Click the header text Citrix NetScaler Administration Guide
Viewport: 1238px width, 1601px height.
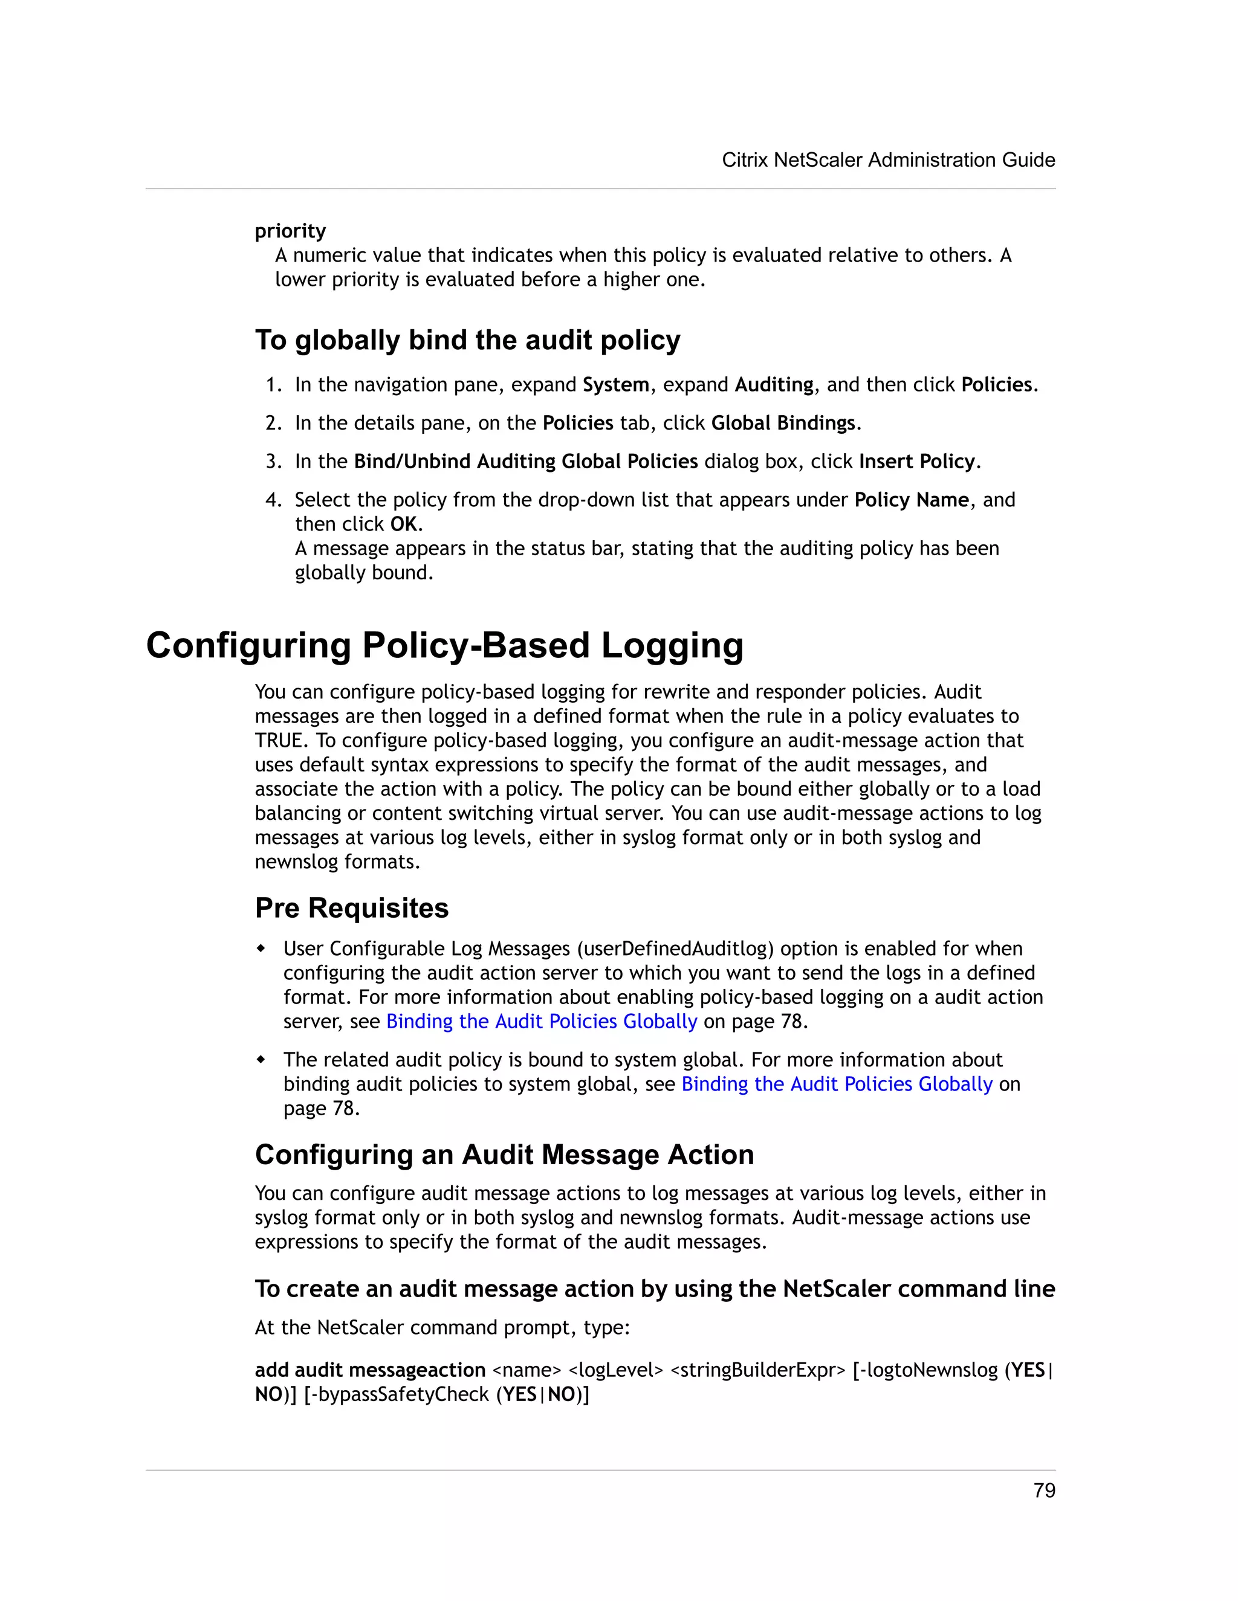pyautogui.click(x=888, y=160)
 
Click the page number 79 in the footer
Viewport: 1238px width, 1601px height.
pyautogui.click(x=1043, y=1490)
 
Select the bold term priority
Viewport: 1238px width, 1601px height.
pyautogui.click(x=290, y=231)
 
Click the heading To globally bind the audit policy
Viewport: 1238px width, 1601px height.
pyautogui.click(x=467, y=340)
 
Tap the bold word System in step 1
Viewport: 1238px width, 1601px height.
pyautogui.click(x=615, y=385)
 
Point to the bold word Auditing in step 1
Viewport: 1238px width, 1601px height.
pyautogui.click(x=774, y=385)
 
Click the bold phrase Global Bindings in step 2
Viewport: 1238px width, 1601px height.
pyautogui.click(x=783, y=423)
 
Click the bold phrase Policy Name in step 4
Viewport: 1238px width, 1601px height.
pyautogui.click(x=912, y=500)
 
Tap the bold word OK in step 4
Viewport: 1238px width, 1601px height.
pyautogui.click(x=403, y=524)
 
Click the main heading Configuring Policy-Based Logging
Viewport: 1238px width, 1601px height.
pyautogui.click(x=444, y=646)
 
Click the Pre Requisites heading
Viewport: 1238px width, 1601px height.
pyautogui.click(x=351, y=908)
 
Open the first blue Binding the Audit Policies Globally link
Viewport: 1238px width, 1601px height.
pyautogui.click(x=541, y=1022)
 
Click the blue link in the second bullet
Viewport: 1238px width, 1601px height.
pyautogui.click(x=836, y=1084)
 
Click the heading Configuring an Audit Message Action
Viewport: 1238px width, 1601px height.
pyautogui.click(x=504, y=1155)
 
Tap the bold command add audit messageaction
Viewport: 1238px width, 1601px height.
pyautogui.click(x=369, y=1370)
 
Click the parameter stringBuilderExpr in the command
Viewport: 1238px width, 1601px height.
pyautogui.click(x=757, y=1370)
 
